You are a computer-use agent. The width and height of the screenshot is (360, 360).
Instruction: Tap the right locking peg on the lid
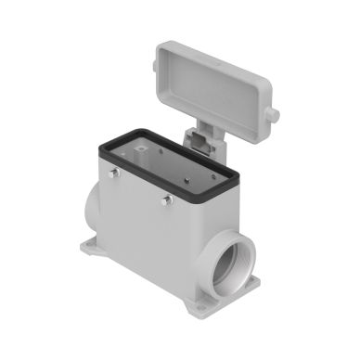click(x=274, y=114)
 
